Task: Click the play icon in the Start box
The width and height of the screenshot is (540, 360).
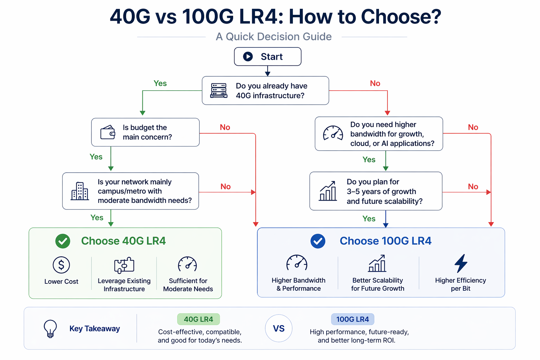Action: [248, 57]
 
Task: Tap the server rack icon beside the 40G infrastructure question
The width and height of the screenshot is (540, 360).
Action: [219, 91]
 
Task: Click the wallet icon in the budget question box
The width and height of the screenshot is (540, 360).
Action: [108, 133]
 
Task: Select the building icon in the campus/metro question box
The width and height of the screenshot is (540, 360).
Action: [80, 191]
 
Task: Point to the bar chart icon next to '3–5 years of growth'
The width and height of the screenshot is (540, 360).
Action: [328, 191]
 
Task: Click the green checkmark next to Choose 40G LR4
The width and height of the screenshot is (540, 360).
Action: [63, 241]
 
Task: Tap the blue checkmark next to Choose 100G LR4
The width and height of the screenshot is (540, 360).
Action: [318, 241]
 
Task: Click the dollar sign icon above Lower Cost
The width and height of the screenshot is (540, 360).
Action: [61, 265]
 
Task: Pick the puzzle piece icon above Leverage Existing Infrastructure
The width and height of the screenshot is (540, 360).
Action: [124, 265]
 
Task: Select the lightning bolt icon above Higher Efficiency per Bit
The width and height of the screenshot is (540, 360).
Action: [461, 263]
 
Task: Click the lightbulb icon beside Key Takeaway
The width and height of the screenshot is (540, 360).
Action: [50, 328]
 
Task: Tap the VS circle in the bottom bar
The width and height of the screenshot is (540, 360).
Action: [279, 328]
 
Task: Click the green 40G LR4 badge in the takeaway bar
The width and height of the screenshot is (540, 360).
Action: [199, 319]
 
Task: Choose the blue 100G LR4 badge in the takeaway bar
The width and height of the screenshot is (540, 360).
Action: [353, 319]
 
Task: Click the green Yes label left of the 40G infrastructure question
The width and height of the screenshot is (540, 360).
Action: [160, 83]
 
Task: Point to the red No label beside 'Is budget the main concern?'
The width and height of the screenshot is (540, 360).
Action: [225, 127]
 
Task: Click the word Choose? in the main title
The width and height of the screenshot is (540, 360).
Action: [401, 17]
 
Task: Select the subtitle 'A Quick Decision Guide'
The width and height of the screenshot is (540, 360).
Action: [274, 37]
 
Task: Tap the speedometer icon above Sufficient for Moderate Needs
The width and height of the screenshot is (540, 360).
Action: [187, 264]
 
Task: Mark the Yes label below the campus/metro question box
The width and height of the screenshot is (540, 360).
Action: [97, 218]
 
